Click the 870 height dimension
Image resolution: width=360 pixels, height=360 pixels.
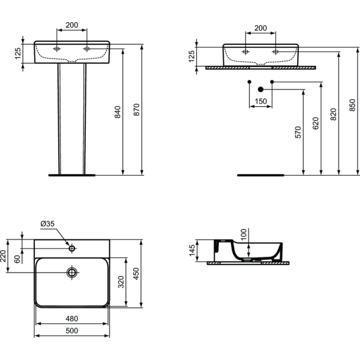pyautogui.click(x=136, y=110)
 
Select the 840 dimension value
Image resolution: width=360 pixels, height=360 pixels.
pyautogui.click(x=118, y=112)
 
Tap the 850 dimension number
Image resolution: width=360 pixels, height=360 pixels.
pyautogui.click(x=352, y=105)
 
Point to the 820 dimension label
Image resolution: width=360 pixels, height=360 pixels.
pyautogui.click(x=333, y=114)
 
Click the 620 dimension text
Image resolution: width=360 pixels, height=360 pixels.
pyautogui.click(x=316, y=123)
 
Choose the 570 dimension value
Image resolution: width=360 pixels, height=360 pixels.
pyautogui.click(x=298, y=132)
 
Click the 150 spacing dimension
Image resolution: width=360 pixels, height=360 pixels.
pyautogui.click(x=261, y=101)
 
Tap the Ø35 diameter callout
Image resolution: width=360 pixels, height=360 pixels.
pyautogui.click(x=47, y=224)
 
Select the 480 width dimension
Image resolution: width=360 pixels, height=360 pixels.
pyautogui.click(x=72, y=319)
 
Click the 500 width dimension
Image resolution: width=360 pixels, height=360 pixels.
pyautogui.click(x=72, y=331)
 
